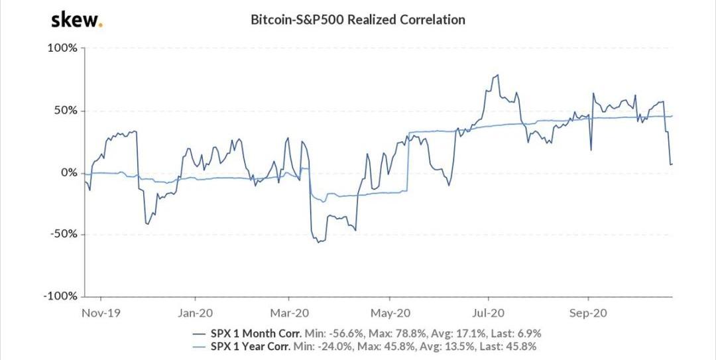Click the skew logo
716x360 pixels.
click(x=76, y=20)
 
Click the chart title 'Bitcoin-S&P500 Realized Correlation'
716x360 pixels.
click(x=357, y=20)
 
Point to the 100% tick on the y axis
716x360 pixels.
click(x=63, y=48)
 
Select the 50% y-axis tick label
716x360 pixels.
click(x=66, y=111)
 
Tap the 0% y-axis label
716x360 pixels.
click(x=69, y=172)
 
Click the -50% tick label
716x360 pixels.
click(x=64, y=234)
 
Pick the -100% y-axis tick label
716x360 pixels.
click(x=61, y=296)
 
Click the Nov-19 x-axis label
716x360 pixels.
click(x=97, y=311)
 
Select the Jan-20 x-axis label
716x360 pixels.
click(x=196, y=311)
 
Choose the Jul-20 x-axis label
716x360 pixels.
click(x=488, y=311)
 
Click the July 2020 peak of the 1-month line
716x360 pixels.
click(x=497, y=76)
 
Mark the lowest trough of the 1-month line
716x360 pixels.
click(x=319, y=242)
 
